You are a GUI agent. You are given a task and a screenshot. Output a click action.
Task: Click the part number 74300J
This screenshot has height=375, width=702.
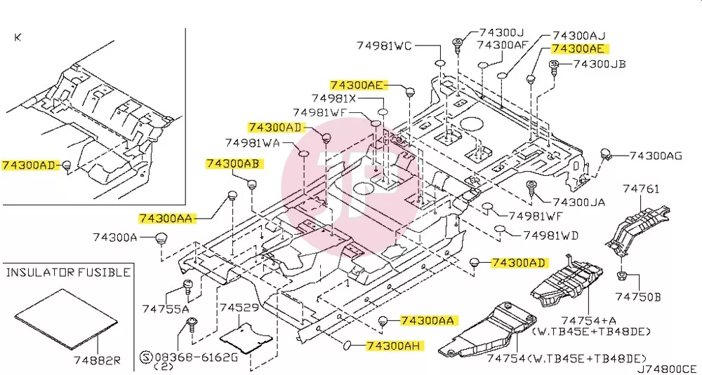tap(502, 33)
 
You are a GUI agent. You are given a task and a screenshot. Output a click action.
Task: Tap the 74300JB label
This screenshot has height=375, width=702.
tap(600, 64)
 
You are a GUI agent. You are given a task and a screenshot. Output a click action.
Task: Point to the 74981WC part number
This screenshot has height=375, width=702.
tap(384, 45)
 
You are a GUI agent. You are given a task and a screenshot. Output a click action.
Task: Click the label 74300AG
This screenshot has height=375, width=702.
tap(656, 156)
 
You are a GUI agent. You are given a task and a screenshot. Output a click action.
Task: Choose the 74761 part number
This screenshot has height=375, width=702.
tap(641, 189)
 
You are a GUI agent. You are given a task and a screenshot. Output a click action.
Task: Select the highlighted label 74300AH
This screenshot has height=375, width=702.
tap(395, 346)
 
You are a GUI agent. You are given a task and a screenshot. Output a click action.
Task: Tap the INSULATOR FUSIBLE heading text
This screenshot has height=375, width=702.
tap(69, 272)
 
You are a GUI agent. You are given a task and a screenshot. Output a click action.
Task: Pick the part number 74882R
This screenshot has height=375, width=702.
tap(98, 360)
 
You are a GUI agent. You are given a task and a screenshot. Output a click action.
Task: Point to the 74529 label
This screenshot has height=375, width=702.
tap(239, 308)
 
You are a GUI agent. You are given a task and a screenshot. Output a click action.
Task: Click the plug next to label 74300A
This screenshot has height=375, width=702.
tap(161, 239)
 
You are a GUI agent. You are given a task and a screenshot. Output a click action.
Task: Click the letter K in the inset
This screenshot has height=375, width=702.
tap(18, 38)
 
